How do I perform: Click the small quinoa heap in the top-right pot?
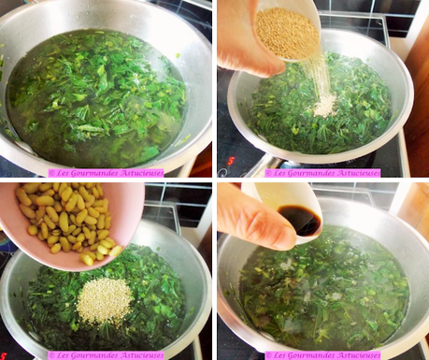(x=325, y=106)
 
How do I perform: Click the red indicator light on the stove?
(x=230, y=160)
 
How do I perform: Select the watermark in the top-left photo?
(x=106, y=173)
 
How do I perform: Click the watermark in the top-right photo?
(x=322, y=173)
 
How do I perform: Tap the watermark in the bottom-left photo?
(x=106, y=355)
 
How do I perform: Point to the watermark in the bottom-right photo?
(x=322, y=355)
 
